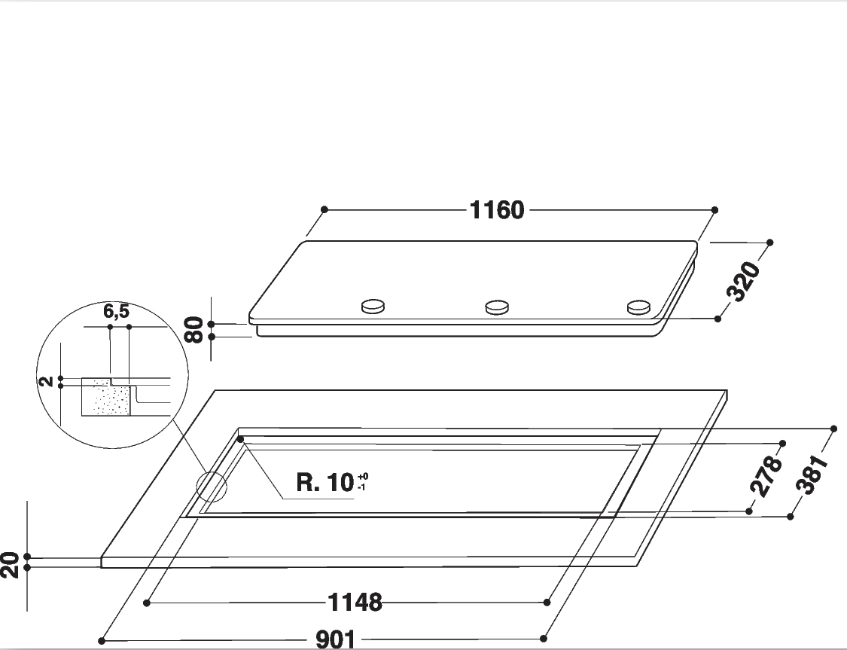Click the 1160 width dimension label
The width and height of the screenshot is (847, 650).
click(x=497, y=209)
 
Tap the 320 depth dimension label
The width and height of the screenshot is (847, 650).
click(x=744, y=281)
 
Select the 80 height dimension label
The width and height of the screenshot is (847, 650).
click(x=194, y=330)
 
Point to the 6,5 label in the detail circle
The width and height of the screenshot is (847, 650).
click(x=117, y=311)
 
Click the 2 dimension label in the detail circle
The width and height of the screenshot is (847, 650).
click(x=47, y=381)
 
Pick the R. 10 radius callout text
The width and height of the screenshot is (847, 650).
click(x=324, y=482)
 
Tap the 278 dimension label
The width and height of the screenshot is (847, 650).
click(x=766, y=476)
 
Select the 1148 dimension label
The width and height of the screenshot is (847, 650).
click(x=355, y=602)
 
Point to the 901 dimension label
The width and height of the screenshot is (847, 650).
click(x=336, y=639)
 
